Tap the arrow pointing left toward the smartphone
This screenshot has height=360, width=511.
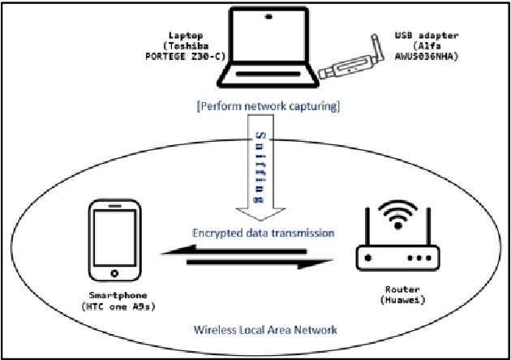coord(243,252)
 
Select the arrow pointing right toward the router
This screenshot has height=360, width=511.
coord(268,264)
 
